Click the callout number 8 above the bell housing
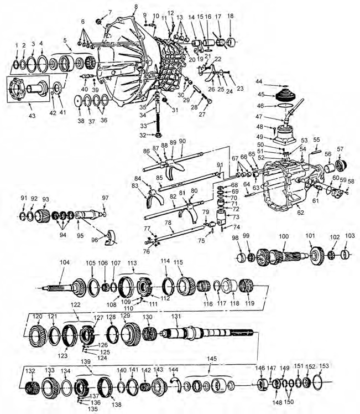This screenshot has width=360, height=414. (135, 6)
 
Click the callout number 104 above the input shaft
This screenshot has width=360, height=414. (64, 263)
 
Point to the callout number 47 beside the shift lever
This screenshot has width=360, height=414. (259, 117)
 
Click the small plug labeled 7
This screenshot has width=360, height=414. (99, 22)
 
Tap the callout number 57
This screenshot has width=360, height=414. (340, 149)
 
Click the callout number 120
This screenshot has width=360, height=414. (37, 316)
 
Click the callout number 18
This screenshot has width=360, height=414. (230, 17)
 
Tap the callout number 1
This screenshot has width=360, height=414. (17, 44)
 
